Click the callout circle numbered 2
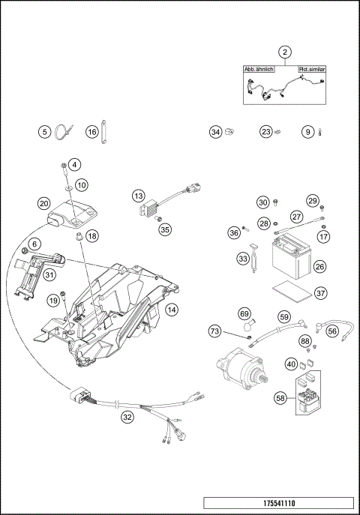click(x=285, y=52)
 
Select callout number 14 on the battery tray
click(x=172, y=309)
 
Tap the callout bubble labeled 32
click(x=128, y=418)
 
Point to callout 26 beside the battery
click(x=319, y=265)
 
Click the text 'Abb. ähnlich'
click(x=259, y=69)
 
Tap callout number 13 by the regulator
click(x=139, y=196)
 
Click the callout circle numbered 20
click(x=44, y=203)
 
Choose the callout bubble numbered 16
click(x=91, y=132)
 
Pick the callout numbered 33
click(x=243, y=259)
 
